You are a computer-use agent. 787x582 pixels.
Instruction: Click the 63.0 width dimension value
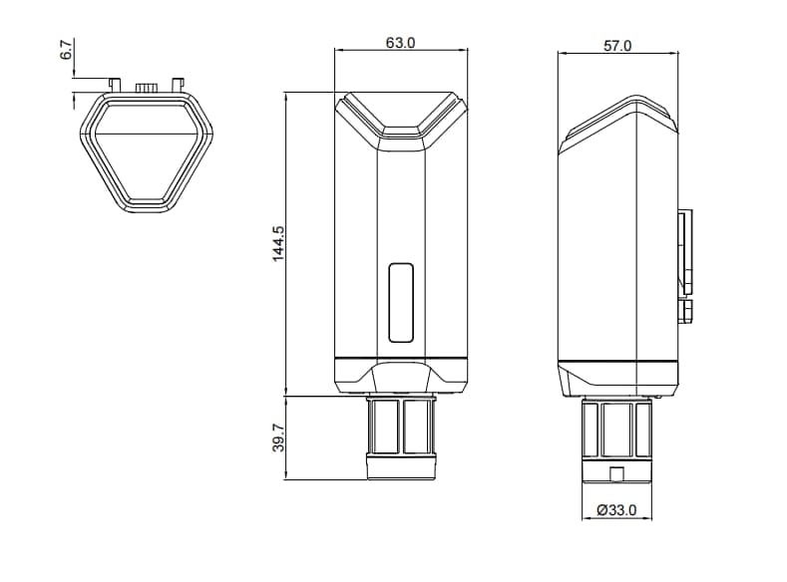click(x=400, y=43)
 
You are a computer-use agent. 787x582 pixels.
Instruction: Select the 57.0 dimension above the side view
click(x=617, y=45)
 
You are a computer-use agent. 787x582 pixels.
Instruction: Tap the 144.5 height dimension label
click(x=278, y=243)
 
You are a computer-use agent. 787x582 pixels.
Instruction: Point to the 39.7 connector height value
click(x=278, y=437)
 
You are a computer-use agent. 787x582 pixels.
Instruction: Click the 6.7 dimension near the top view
click(x=67, y=51)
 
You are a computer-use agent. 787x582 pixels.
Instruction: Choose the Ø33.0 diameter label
click(x=616, y=509)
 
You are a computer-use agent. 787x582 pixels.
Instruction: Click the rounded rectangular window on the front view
click(x=401, y=302)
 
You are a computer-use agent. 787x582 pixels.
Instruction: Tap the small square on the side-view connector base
click(x=616, y=474)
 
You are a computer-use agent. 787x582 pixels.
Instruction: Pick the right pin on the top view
click(x=179, y=84)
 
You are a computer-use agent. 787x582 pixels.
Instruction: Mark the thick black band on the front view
click(x=401, y=358)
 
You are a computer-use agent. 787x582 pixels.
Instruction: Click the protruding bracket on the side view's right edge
click(x=686, y=254)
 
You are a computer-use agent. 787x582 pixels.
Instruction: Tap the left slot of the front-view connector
click(x=384, y=426)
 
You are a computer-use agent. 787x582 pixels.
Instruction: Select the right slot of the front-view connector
click(x=418, y=426)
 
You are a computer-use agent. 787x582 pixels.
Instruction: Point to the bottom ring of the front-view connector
click(x=401, y=466)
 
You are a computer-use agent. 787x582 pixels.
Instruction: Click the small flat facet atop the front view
click(x=401, y=130)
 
